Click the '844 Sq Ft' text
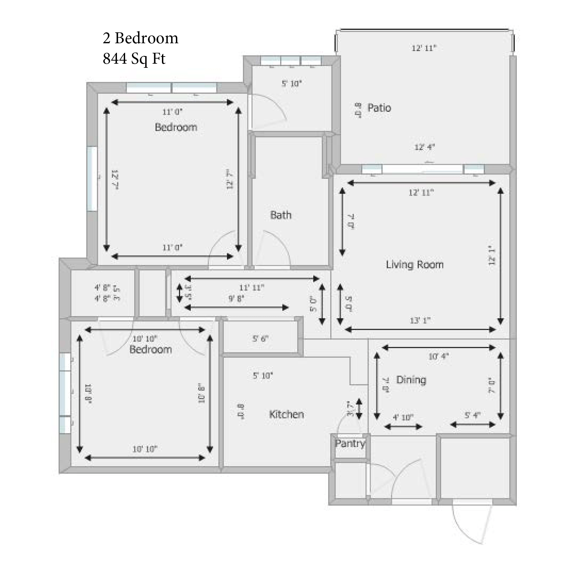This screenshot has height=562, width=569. pos(134,59)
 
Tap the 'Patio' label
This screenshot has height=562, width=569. pos(379,108)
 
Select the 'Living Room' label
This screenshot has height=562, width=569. pos(415,265)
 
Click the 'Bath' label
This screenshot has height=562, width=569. pos(281,215)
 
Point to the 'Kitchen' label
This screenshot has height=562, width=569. pos(286,415)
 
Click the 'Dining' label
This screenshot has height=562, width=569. pos(411,380)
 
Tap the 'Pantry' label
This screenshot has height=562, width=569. pos(350,443)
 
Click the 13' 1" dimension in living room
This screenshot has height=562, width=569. pos(420,321)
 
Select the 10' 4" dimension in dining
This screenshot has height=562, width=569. pos(438,357)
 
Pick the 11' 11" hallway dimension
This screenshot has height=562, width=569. pos(252,288)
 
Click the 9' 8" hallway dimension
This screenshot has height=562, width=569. pos(236,299)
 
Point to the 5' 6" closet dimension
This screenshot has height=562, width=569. pos(260,339)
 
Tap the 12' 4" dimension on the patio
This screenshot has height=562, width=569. pos(424,147)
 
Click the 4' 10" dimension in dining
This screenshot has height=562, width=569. pos(403,418)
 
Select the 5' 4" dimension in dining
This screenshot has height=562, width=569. pos(473,415)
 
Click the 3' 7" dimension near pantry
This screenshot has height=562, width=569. pos(350,408)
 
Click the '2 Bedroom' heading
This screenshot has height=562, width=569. pos(140,38)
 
